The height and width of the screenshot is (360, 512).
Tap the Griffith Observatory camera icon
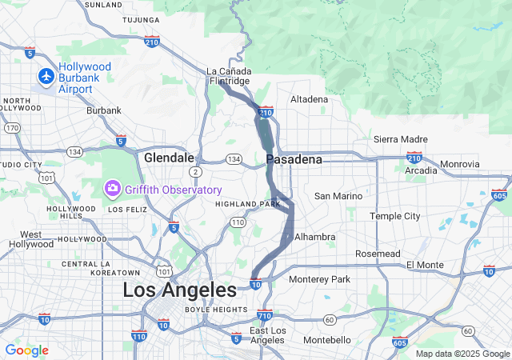pos(112,189)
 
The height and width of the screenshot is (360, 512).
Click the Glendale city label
pos(169,158)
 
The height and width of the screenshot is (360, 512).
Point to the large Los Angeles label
pos(179,290)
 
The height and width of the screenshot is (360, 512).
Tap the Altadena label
pos(309,99)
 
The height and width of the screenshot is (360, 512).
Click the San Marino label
pos(338,196)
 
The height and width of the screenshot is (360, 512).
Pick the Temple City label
pos(394,216)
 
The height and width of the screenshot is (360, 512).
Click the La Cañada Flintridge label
pos(229,75)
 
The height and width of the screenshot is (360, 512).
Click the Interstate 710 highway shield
pos(265,315)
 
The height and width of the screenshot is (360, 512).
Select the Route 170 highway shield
pos(12,127)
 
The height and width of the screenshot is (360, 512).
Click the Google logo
pos(26,350)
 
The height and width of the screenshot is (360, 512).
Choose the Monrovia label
pos(459,164)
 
